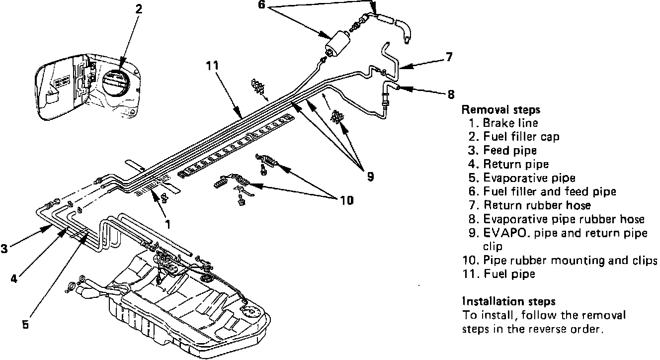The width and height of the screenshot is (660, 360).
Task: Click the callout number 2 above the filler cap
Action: [x=139, y=8]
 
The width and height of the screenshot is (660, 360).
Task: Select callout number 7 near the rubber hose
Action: [x=449, y=57]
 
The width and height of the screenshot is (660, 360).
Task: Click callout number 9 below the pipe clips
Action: [x=370, y=176]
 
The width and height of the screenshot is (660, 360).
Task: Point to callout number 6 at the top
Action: [x=262, y=4]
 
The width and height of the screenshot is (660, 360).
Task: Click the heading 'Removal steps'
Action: [x=501, y=109]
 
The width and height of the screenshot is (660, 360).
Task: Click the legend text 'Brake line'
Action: [x=510, y=123]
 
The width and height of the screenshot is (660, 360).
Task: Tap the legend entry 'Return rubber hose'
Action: [x=537, y=205]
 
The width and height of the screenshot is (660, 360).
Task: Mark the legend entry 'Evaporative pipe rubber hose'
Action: [x=564, y=219]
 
